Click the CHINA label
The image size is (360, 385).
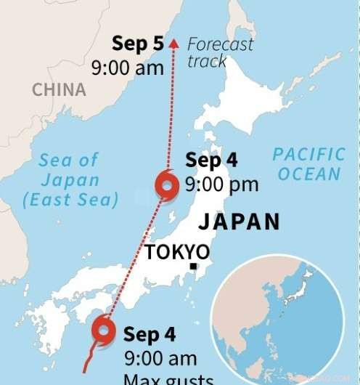59,90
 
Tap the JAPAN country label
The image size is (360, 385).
239,222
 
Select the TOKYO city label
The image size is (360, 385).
178,252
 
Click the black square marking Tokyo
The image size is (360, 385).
193,267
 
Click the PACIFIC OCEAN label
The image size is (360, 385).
308,163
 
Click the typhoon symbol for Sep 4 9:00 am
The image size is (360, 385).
104,331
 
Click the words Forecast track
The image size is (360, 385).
219,52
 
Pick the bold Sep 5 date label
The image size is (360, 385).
138,44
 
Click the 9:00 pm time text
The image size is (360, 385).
221,185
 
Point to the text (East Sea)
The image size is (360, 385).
70,200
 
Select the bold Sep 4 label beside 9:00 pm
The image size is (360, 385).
211,161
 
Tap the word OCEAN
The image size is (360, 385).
308,174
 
